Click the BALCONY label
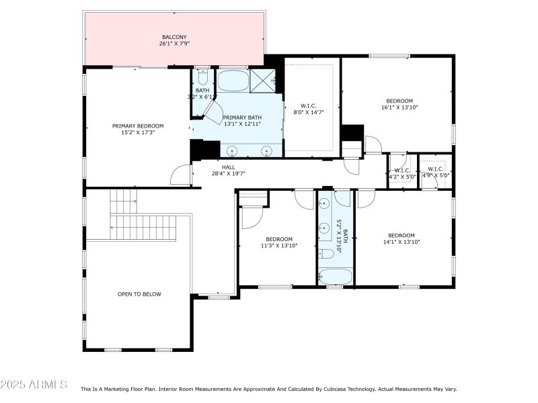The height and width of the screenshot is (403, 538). pos(174,37)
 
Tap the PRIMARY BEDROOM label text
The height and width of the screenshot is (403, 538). pos(138,126)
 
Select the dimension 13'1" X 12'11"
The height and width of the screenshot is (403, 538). pos(243,124)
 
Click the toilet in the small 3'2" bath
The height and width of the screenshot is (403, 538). pos(202,75)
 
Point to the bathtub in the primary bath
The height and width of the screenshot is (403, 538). pos(233,81)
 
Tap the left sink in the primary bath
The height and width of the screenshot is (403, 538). pos(233,150)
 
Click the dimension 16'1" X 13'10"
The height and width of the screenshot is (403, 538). pos(399,107)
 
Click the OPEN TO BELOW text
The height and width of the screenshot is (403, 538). pos(139,294)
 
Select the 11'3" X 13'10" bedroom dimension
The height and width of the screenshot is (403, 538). pos(278,246)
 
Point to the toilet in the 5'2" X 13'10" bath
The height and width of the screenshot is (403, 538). pos(327,253)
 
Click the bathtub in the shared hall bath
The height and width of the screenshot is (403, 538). pos(334,276)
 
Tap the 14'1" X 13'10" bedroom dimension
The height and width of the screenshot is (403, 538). pos(401,242)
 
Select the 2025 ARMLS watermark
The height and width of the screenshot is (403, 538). pos(34,385)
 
